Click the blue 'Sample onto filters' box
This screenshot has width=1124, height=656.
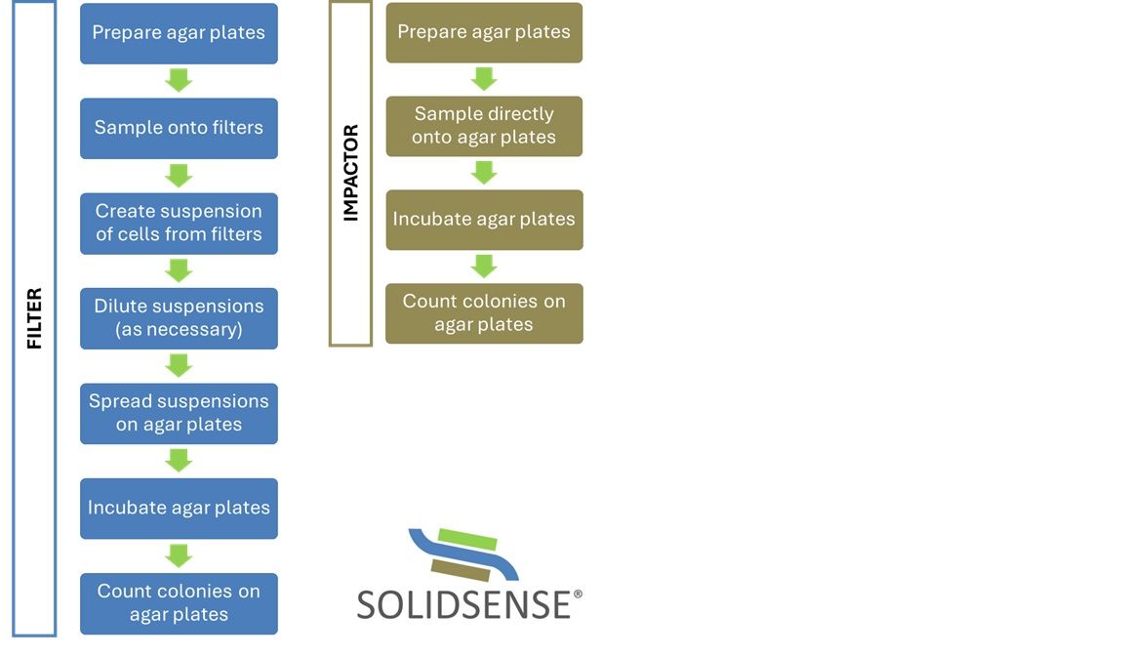pyautogui.click(x=179, y=128)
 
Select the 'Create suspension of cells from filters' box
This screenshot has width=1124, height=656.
pyautogui.click(x=179, y=223)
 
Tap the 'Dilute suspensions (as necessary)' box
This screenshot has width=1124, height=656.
pyautogui.click(x=179, y=318)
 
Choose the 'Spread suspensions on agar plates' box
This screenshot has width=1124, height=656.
pyautogui.click(x=179, y=413)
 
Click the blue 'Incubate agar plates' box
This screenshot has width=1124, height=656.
pyautogui.click(x=179, y=508)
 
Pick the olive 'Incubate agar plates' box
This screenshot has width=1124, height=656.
pyautogui.click(x=484, y=220)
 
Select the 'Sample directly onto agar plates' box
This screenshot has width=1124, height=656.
pyautogui.click(x=484, y=126)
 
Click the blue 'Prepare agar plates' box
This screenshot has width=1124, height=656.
pyautogui.click(x=179, y=33)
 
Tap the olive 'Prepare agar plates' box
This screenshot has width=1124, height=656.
pyautogui.click(x=484, y=32)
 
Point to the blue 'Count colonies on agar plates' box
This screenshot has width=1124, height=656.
pyautogui.click(x=179, y=603)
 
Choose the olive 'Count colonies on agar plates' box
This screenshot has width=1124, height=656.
pyautogui.click(x=484, y=313)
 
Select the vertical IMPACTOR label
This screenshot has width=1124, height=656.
pyautogui.click(x=351, y=173)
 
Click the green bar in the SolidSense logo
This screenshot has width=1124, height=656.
pyautogui.click(x=468, y=539)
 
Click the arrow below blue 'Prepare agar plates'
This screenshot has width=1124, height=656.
pyautogui.click(x=179, y=81)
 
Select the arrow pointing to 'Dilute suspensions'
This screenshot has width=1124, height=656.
pyautogui.click(x=179, y=270)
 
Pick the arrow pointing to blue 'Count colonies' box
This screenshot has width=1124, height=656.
pyautogui.click(x=179, y=555)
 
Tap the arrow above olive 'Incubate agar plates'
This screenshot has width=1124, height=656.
pyautogui.click(x=484, y=173)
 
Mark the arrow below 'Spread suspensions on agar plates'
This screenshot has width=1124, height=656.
pyautogui.click(x=179, y=460)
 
